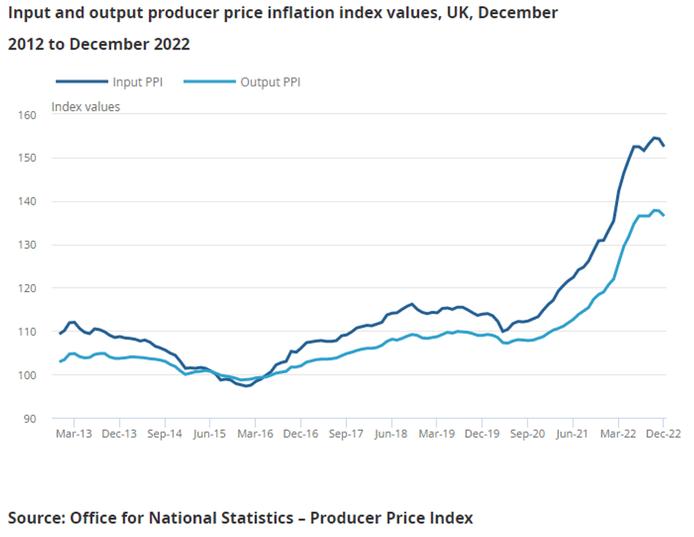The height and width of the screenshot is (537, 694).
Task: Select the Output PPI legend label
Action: [x=271, y=82]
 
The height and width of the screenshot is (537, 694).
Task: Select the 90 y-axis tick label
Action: [x=29, y=418]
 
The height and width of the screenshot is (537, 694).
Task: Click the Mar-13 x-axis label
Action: [x=74, y=434]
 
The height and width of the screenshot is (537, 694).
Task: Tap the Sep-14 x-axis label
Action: [x=164, y=434]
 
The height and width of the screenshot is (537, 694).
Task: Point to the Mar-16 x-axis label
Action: [x=255, y=434]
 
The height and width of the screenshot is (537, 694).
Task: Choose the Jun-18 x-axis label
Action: [x=392, y=434]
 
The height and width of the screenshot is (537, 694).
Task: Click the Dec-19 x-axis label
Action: [x=482, y=434]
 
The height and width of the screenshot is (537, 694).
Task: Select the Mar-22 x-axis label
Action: [x=618, y=434]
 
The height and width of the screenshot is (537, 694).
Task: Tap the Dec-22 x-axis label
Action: [x=664, y=434]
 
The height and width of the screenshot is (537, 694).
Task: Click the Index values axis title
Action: [x=86, y=107]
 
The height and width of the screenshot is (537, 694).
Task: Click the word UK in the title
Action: [x=440, y=13]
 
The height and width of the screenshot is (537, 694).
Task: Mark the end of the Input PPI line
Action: [x=664, y=146]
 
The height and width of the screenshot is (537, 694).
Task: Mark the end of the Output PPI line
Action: [x=664, y=216]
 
